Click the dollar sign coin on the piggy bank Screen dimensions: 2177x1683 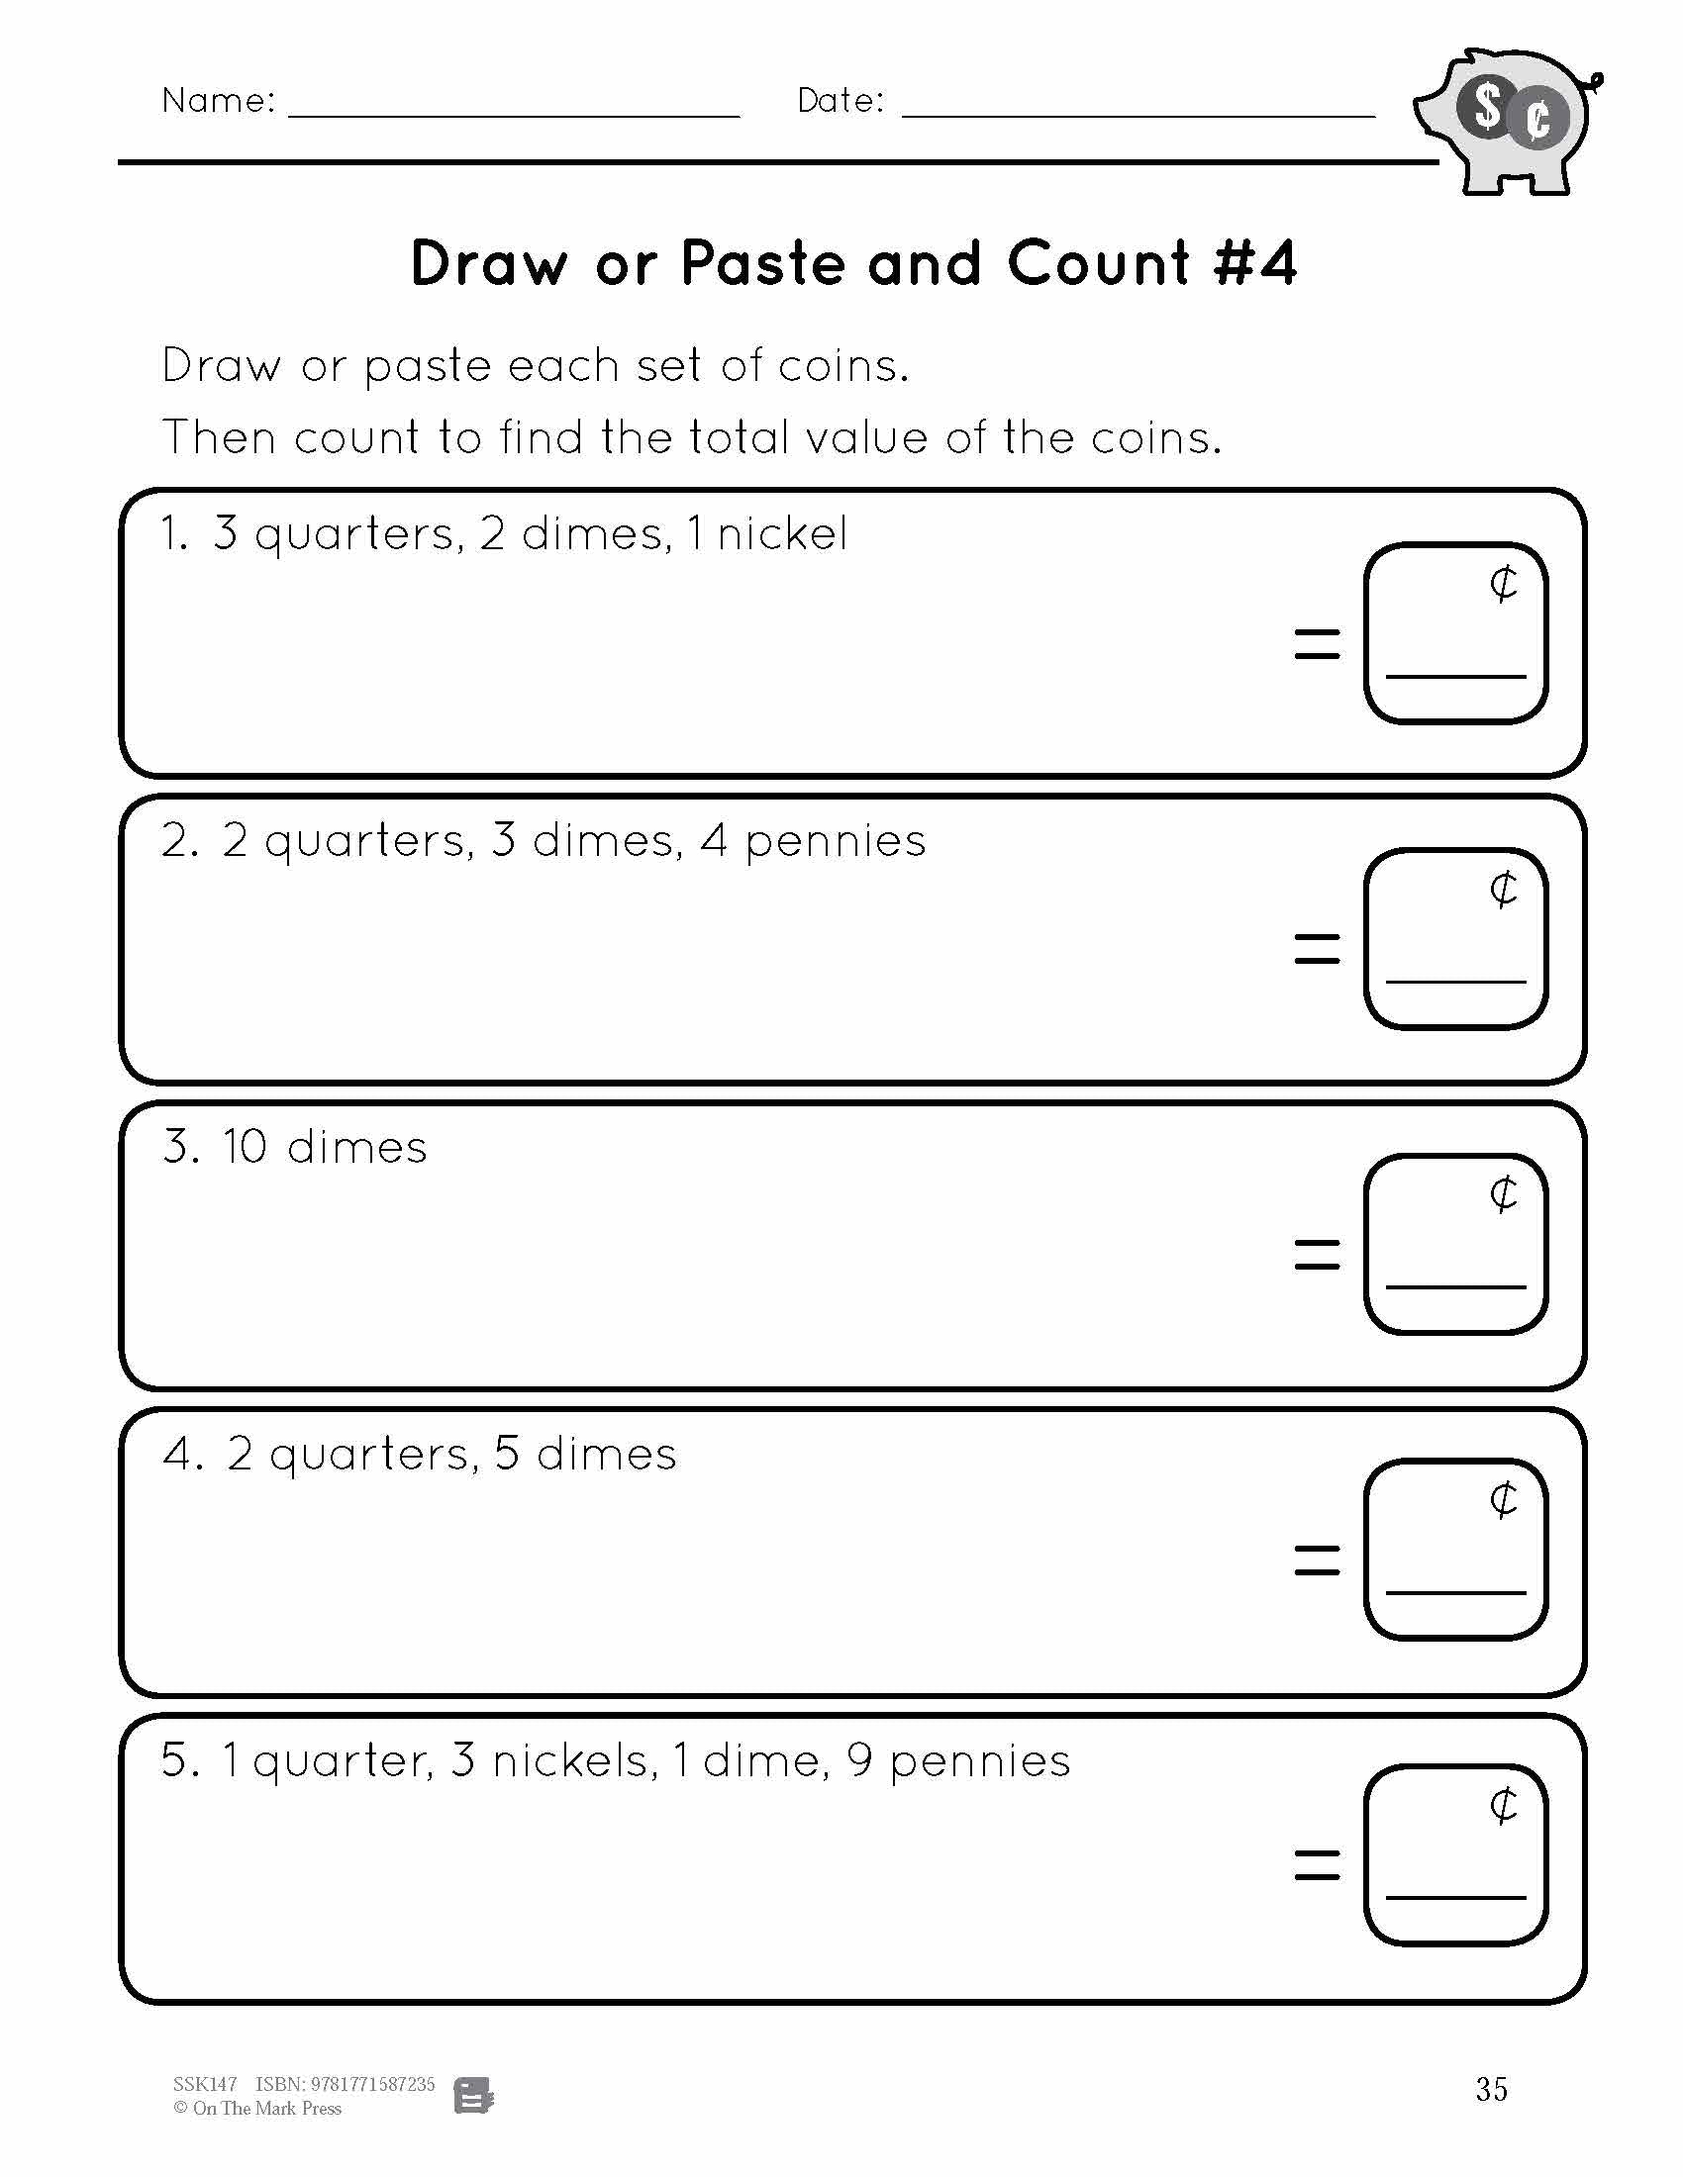pos(1488,108)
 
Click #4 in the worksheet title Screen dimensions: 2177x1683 pos(1255,264)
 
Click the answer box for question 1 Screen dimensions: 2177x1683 pos(1454,632)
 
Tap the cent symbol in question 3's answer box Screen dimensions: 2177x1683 pos(1503,1193)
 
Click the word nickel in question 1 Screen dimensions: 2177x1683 pos(783,534)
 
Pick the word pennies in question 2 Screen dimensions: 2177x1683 pos(836,842)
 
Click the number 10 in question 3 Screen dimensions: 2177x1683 pos(246,1147)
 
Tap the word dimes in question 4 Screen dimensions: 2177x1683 pos(606,1455)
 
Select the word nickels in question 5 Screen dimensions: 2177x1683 pos(574,1761)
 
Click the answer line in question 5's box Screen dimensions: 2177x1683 pos(1454,1896)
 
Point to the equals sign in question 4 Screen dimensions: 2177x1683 pos(1316,1560)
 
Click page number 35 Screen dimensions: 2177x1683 pos(1491,2089)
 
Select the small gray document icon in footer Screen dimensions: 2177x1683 pos(473,2095)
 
